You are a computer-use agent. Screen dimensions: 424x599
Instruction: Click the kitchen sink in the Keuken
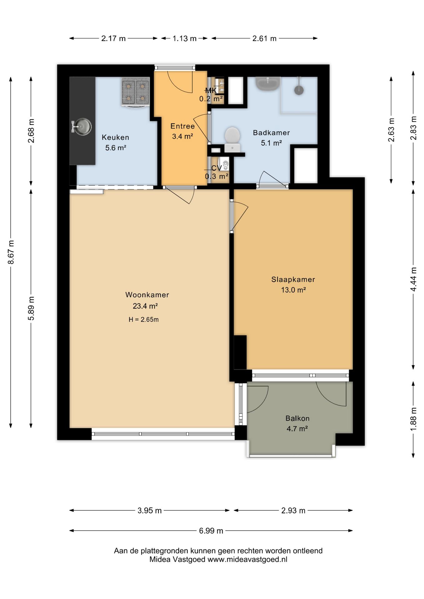pos(82,127)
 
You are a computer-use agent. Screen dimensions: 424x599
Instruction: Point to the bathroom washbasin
pos(268,83)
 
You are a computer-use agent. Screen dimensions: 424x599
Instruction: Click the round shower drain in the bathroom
pos(299,90)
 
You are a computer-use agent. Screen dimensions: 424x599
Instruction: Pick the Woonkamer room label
pos(147,295)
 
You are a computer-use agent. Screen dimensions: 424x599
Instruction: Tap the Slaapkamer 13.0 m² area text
pos(293,290)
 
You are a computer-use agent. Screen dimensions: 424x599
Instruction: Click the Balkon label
pos(297,418)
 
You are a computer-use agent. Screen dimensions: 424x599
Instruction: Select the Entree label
pos(183,126)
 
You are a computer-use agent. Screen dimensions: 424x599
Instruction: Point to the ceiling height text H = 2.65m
pos(144,319)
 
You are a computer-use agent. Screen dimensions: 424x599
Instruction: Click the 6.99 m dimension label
pos(211,530)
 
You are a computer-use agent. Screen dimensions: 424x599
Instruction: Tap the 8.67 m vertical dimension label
pos(11,252)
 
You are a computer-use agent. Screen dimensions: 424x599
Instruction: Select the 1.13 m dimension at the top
pos(185,38)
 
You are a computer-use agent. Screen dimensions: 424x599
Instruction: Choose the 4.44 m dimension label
pos(413,279)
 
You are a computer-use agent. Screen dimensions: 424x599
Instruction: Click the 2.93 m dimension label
pos(293,510)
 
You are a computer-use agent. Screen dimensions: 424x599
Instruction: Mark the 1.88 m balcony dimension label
pos(413,420)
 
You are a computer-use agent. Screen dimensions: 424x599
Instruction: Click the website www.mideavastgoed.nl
pos(247,559)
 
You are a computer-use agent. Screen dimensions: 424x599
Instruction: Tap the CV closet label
pos(216,168)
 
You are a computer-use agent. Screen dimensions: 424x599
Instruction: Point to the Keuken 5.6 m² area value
pos(116,148)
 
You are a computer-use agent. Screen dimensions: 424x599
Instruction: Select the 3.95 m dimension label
pos(150,510)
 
